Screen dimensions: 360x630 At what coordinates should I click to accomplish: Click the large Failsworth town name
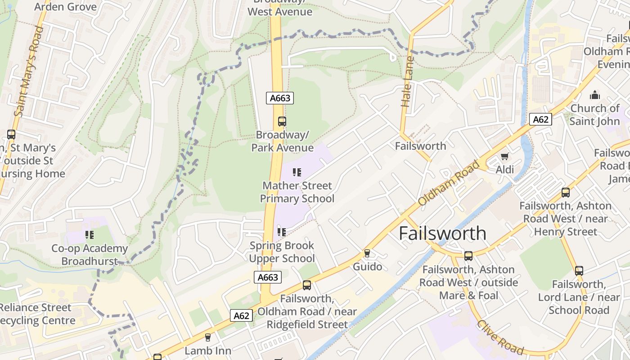(x=442, y=234)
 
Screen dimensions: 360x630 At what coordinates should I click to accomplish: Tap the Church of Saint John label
(x=594, y=115)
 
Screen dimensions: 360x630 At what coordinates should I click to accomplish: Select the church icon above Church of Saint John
(x=595, y=95)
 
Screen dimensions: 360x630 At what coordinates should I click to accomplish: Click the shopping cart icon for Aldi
(x=504, y=157)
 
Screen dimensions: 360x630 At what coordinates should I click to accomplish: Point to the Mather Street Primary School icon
(x=297, y=172)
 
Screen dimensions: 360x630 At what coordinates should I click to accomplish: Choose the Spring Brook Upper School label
(x=282, y=252)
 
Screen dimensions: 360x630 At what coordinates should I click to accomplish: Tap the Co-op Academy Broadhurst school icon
(x=89, y=234)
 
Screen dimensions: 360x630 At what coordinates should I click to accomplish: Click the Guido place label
(x=367, y=266)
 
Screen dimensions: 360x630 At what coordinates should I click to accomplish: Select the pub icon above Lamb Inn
(x=208, y=337)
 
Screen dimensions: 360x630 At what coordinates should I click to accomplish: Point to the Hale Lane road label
(x=407, y=82)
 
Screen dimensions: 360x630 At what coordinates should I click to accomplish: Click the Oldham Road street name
(x=448, y=183)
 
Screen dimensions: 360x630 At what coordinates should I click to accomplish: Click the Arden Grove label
(x=65, y=7)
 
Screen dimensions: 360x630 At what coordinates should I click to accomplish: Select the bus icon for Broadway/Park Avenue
(x=282, y=121)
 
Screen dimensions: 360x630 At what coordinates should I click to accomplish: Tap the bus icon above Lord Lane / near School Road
(x=579, y=271)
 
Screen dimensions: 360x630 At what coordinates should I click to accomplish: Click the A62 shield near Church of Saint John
(x=540, y=119)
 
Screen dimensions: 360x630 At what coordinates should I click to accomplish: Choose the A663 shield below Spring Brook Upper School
(x=268, y=277)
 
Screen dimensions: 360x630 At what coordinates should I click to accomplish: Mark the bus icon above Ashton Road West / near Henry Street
(x=566, y=193)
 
